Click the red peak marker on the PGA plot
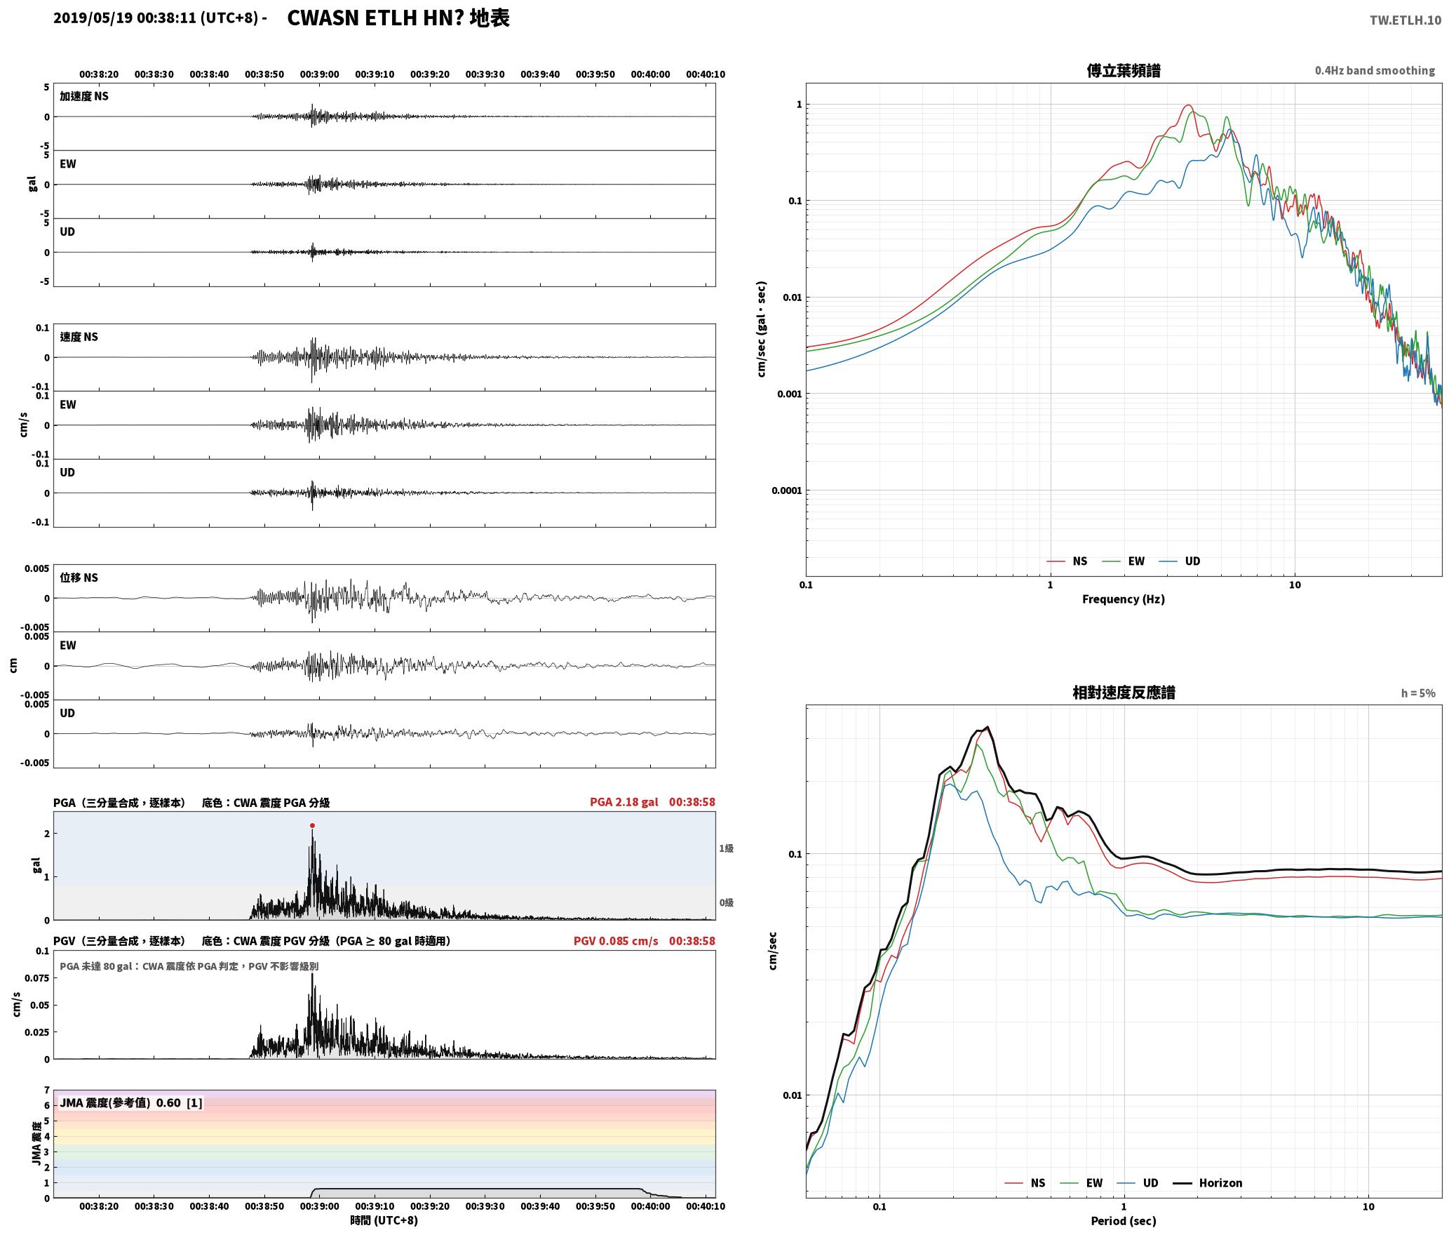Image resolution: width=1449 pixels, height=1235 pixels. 312,825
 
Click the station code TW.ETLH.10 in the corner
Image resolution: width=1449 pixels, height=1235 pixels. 1406,20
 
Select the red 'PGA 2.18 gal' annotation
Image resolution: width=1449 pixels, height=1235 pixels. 624,802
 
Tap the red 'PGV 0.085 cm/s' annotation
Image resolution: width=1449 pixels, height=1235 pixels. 616,941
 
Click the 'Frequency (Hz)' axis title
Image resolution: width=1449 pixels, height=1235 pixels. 1123,599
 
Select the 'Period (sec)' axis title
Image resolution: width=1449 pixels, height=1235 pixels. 1123,1220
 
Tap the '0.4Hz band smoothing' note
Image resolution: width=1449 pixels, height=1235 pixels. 1375,70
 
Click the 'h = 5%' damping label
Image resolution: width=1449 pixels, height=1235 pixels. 1418,693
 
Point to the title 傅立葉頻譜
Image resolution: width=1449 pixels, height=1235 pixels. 1123,70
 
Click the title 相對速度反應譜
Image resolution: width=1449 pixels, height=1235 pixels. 1123,693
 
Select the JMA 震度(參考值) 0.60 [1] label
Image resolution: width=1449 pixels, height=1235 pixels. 131,1102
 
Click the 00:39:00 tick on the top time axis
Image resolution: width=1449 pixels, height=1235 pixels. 319,74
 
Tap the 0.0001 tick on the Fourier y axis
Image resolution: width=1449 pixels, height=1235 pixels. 786,490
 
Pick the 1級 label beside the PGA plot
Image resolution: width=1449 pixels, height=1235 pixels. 726,848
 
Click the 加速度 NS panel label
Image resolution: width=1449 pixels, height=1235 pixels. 84,96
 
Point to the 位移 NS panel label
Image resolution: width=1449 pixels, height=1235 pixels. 79,578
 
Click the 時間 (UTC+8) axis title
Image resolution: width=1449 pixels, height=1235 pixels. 384,1220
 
